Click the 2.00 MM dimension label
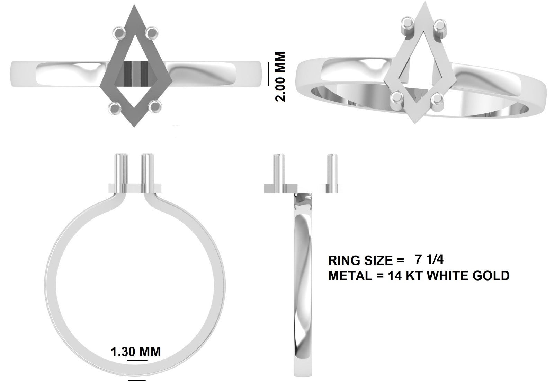click(280, 77)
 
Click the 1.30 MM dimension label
click(135, 352)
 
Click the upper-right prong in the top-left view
click(151, 33)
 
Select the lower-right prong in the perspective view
click(438, 100)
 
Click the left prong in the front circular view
click(122, 172)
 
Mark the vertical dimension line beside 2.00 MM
click(268, 74)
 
